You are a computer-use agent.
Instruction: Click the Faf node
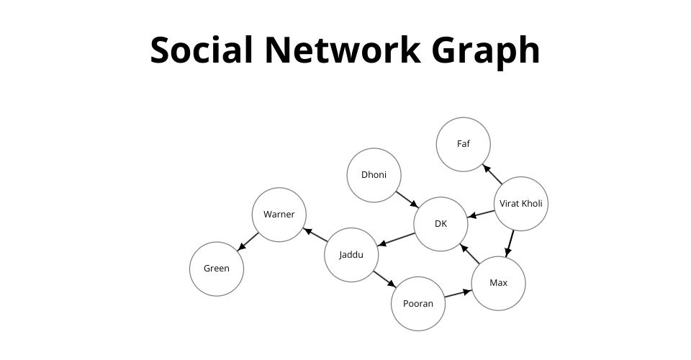click(x=463, y=144)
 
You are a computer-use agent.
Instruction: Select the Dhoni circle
click(x=374, y=175)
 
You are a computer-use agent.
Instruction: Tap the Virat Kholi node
click(x=521, y=204)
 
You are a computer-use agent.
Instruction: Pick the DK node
click(x=441, y=224)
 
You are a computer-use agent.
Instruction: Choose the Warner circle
click(x=279, y=215)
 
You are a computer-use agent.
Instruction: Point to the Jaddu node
click(x=351, y=255)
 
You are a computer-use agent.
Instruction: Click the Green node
click(x=217, y=269)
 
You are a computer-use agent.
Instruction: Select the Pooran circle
click(x=417, y=304)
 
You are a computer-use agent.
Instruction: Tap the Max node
click(x=498, y=283)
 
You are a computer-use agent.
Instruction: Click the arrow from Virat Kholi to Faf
click(x=492, y=174)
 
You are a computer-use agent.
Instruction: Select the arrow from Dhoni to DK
click(x=407, y=199)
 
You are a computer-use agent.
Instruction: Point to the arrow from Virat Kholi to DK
click(x=482, y=214)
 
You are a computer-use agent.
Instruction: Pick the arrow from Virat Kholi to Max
click(x=510, y=243)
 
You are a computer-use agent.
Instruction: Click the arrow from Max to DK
click(x=470, y=254)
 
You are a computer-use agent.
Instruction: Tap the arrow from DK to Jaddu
click(x=397, y=239)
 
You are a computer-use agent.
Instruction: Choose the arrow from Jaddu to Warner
click(x=315, y=235)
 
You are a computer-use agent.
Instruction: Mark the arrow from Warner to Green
click(x=248, y=242)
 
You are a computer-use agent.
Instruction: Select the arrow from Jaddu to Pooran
click(x=384, y=279)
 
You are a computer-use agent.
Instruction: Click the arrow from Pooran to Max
click(x=458, y=294)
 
